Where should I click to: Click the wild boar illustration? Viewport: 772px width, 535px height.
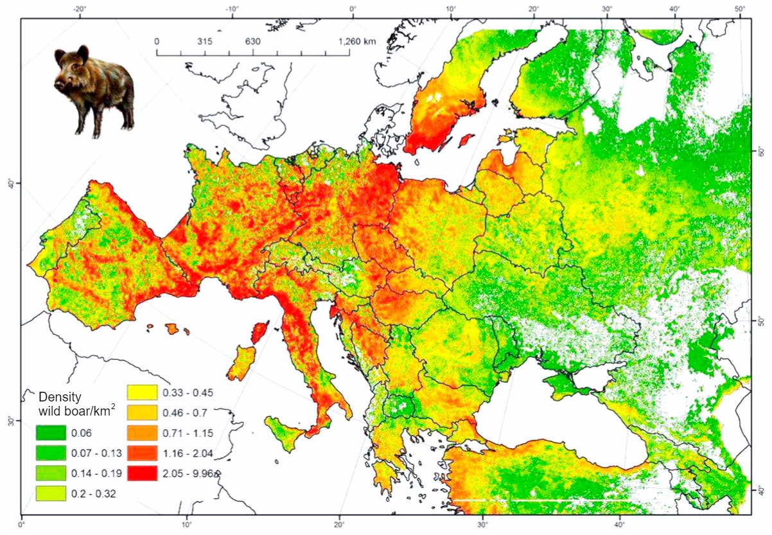tap(94, 90)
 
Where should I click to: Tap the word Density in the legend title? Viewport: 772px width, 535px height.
tap(60, 396)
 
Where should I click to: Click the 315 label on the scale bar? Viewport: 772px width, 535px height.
tap(204, 41)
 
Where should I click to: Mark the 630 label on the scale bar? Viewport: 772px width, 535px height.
tap(252, 41)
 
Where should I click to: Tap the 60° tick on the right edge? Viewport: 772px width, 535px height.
tap(760, 152)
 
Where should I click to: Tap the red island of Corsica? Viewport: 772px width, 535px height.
tap(259, 331)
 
